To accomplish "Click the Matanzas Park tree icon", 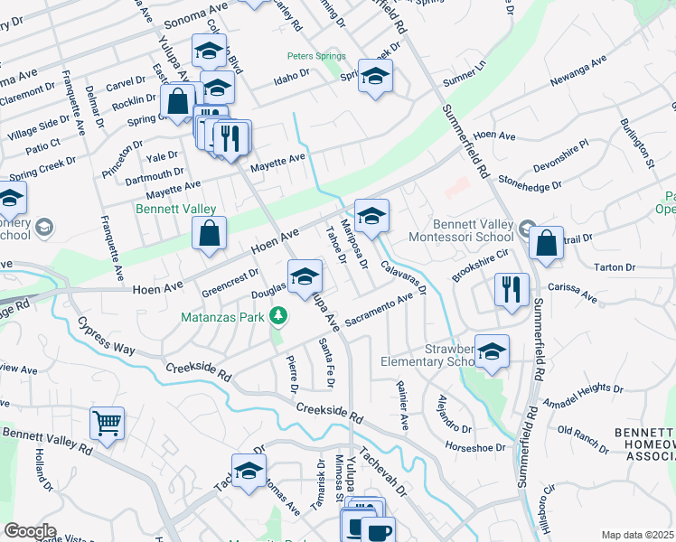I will (280, 314).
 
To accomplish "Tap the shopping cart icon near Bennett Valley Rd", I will (107, 422).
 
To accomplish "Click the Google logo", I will (30, 531).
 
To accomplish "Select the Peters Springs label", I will (316, 56).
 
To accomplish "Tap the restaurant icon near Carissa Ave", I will (512, 289).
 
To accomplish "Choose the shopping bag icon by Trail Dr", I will (546, 242).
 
